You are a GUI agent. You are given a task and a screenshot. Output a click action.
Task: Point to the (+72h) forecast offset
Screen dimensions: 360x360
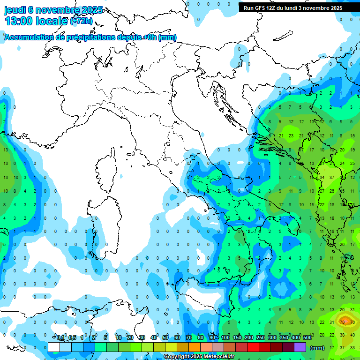point(82,21)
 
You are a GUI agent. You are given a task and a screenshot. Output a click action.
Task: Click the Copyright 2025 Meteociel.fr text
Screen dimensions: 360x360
point(199,357)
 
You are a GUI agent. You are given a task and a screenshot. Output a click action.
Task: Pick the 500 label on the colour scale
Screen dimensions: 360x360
point(307,337)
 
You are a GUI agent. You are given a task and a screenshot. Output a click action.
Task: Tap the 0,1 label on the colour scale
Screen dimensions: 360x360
point(60,337)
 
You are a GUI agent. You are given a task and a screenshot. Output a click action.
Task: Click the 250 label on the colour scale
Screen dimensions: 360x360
point(261,337)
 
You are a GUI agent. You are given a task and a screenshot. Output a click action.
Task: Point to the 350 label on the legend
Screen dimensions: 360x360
point(284,337)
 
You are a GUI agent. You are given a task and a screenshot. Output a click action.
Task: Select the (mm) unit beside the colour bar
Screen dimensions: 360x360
point(317,347)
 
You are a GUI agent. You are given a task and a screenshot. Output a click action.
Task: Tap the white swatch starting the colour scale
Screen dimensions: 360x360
point(54,347)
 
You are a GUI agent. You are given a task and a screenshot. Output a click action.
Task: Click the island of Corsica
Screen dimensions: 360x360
point(107,171)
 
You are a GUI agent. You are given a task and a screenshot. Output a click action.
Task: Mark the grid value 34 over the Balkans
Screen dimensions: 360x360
point(322,178)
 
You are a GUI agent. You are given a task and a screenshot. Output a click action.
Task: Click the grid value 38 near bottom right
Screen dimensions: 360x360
point(342,335)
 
